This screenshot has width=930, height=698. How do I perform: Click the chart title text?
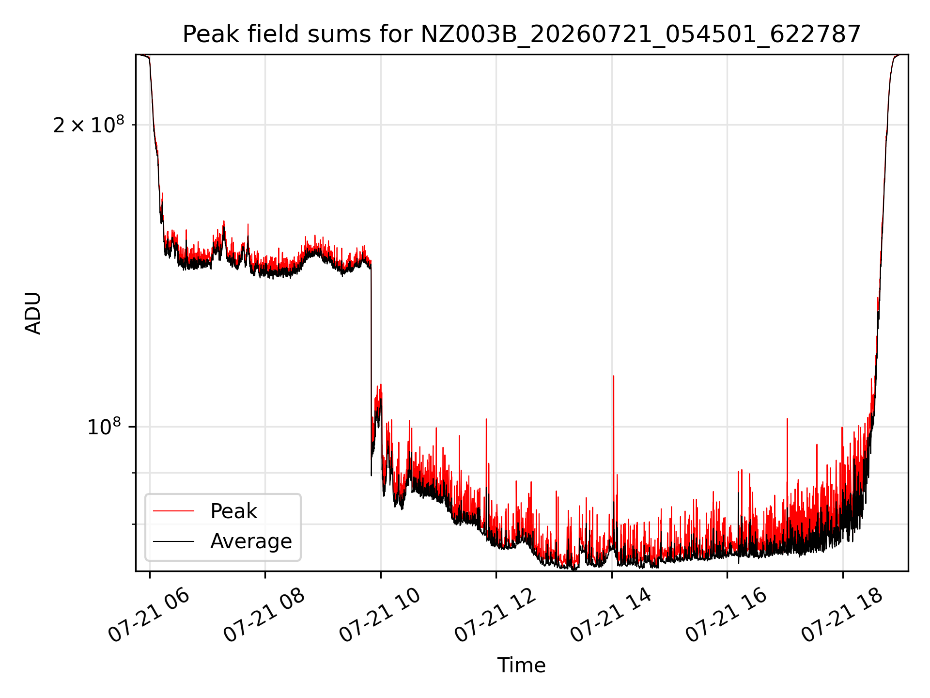tap(522, 34)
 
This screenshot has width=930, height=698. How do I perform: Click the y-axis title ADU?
tap(33, 313)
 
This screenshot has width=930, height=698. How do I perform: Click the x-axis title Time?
tap(522, 666)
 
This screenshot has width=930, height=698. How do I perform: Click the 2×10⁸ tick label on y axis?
tap(89, 125)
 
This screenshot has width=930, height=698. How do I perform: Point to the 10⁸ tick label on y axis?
tap(104, 427)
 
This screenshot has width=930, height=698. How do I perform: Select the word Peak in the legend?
tap(233, 511)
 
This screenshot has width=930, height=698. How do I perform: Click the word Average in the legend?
tap(251, 541)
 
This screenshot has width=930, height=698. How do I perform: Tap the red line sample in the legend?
tap(173, 511)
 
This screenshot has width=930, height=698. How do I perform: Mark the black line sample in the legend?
tap(173, 541)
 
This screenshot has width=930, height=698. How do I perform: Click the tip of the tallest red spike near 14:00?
tap(614, 376)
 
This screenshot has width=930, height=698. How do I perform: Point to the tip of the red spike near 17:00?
tap(787, 418)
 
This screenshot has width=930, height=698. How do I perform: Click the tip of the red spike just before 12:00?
tap(486, 419)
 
